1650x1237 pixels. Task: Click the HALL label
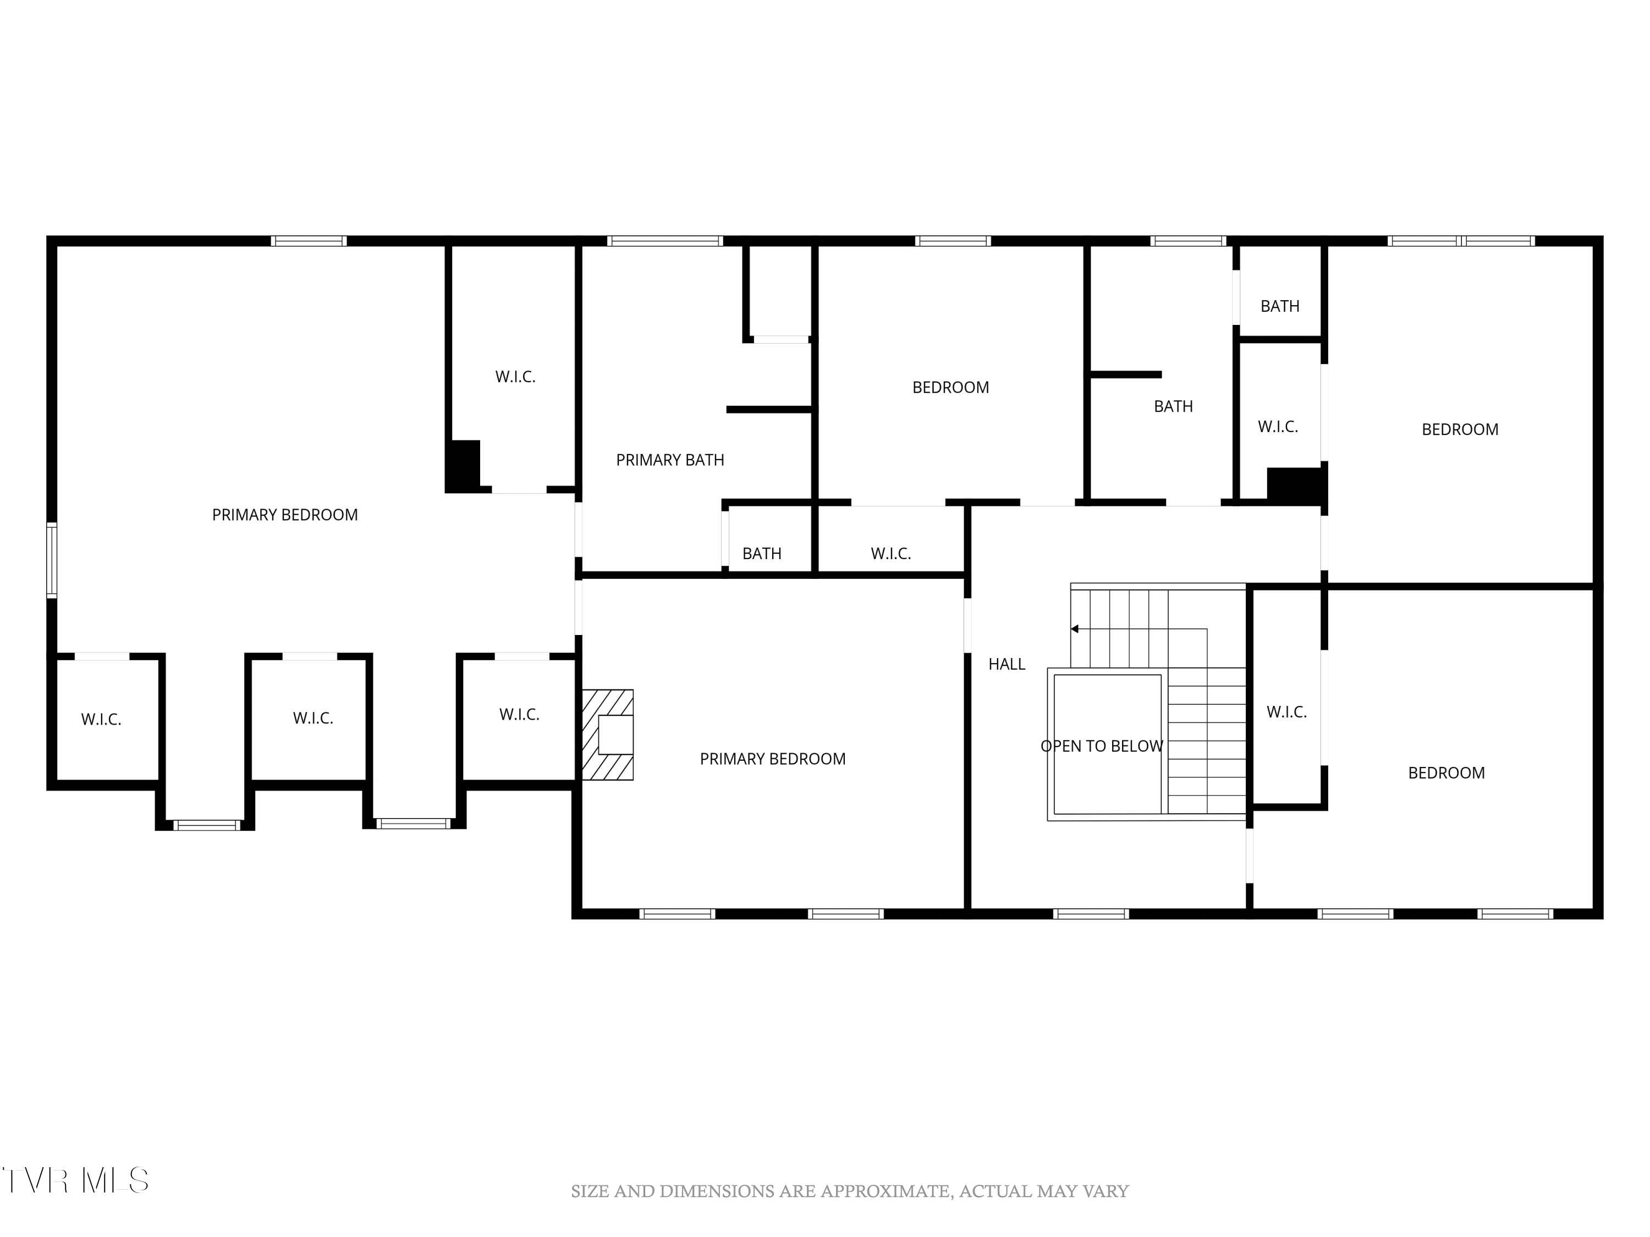(x=1007, y=664)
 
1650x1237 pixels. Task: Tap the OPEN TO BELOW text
(x=1101, y=745)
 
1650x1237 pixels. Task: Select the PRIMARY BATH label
(x=669, y=460)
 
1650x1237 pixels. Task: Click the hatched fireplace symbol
(x=607, y=735)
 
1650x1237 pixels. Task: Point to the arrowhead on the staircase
(x=1075, y=628)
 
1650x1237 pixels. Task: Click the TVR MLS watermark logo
(x=75, y=1180)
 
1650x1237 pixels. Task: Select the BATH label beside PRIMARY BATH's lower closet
(x=762, y=553)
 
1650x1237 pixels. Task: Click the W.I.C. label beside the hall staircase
(x=1286, y=712)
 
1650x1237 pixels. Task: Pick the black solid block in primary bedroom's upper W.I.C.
(x=463, y=465)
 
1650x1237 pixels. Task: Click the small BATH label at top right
(x=1279, y=306)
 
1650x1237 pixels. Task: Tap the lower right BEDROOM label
(x=1445, y=772)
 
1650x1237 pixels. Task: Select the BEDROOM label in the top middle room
(x=950, y=387)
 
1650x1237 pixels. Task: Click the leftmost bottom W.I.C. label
(x=101, y=720)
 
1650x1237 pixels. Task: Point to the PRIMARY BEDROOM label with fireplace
(x=772, y=758)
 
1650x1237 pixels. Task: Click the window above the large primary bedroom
(x=308, y=241)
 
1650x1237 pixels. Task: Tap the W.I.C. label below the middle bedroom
(x=890, y=553)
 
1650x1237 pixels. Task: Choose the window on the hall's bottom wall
(x=1091, y=913)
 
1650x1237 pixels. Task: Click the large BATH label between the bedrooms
(x=1173, y=406)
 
